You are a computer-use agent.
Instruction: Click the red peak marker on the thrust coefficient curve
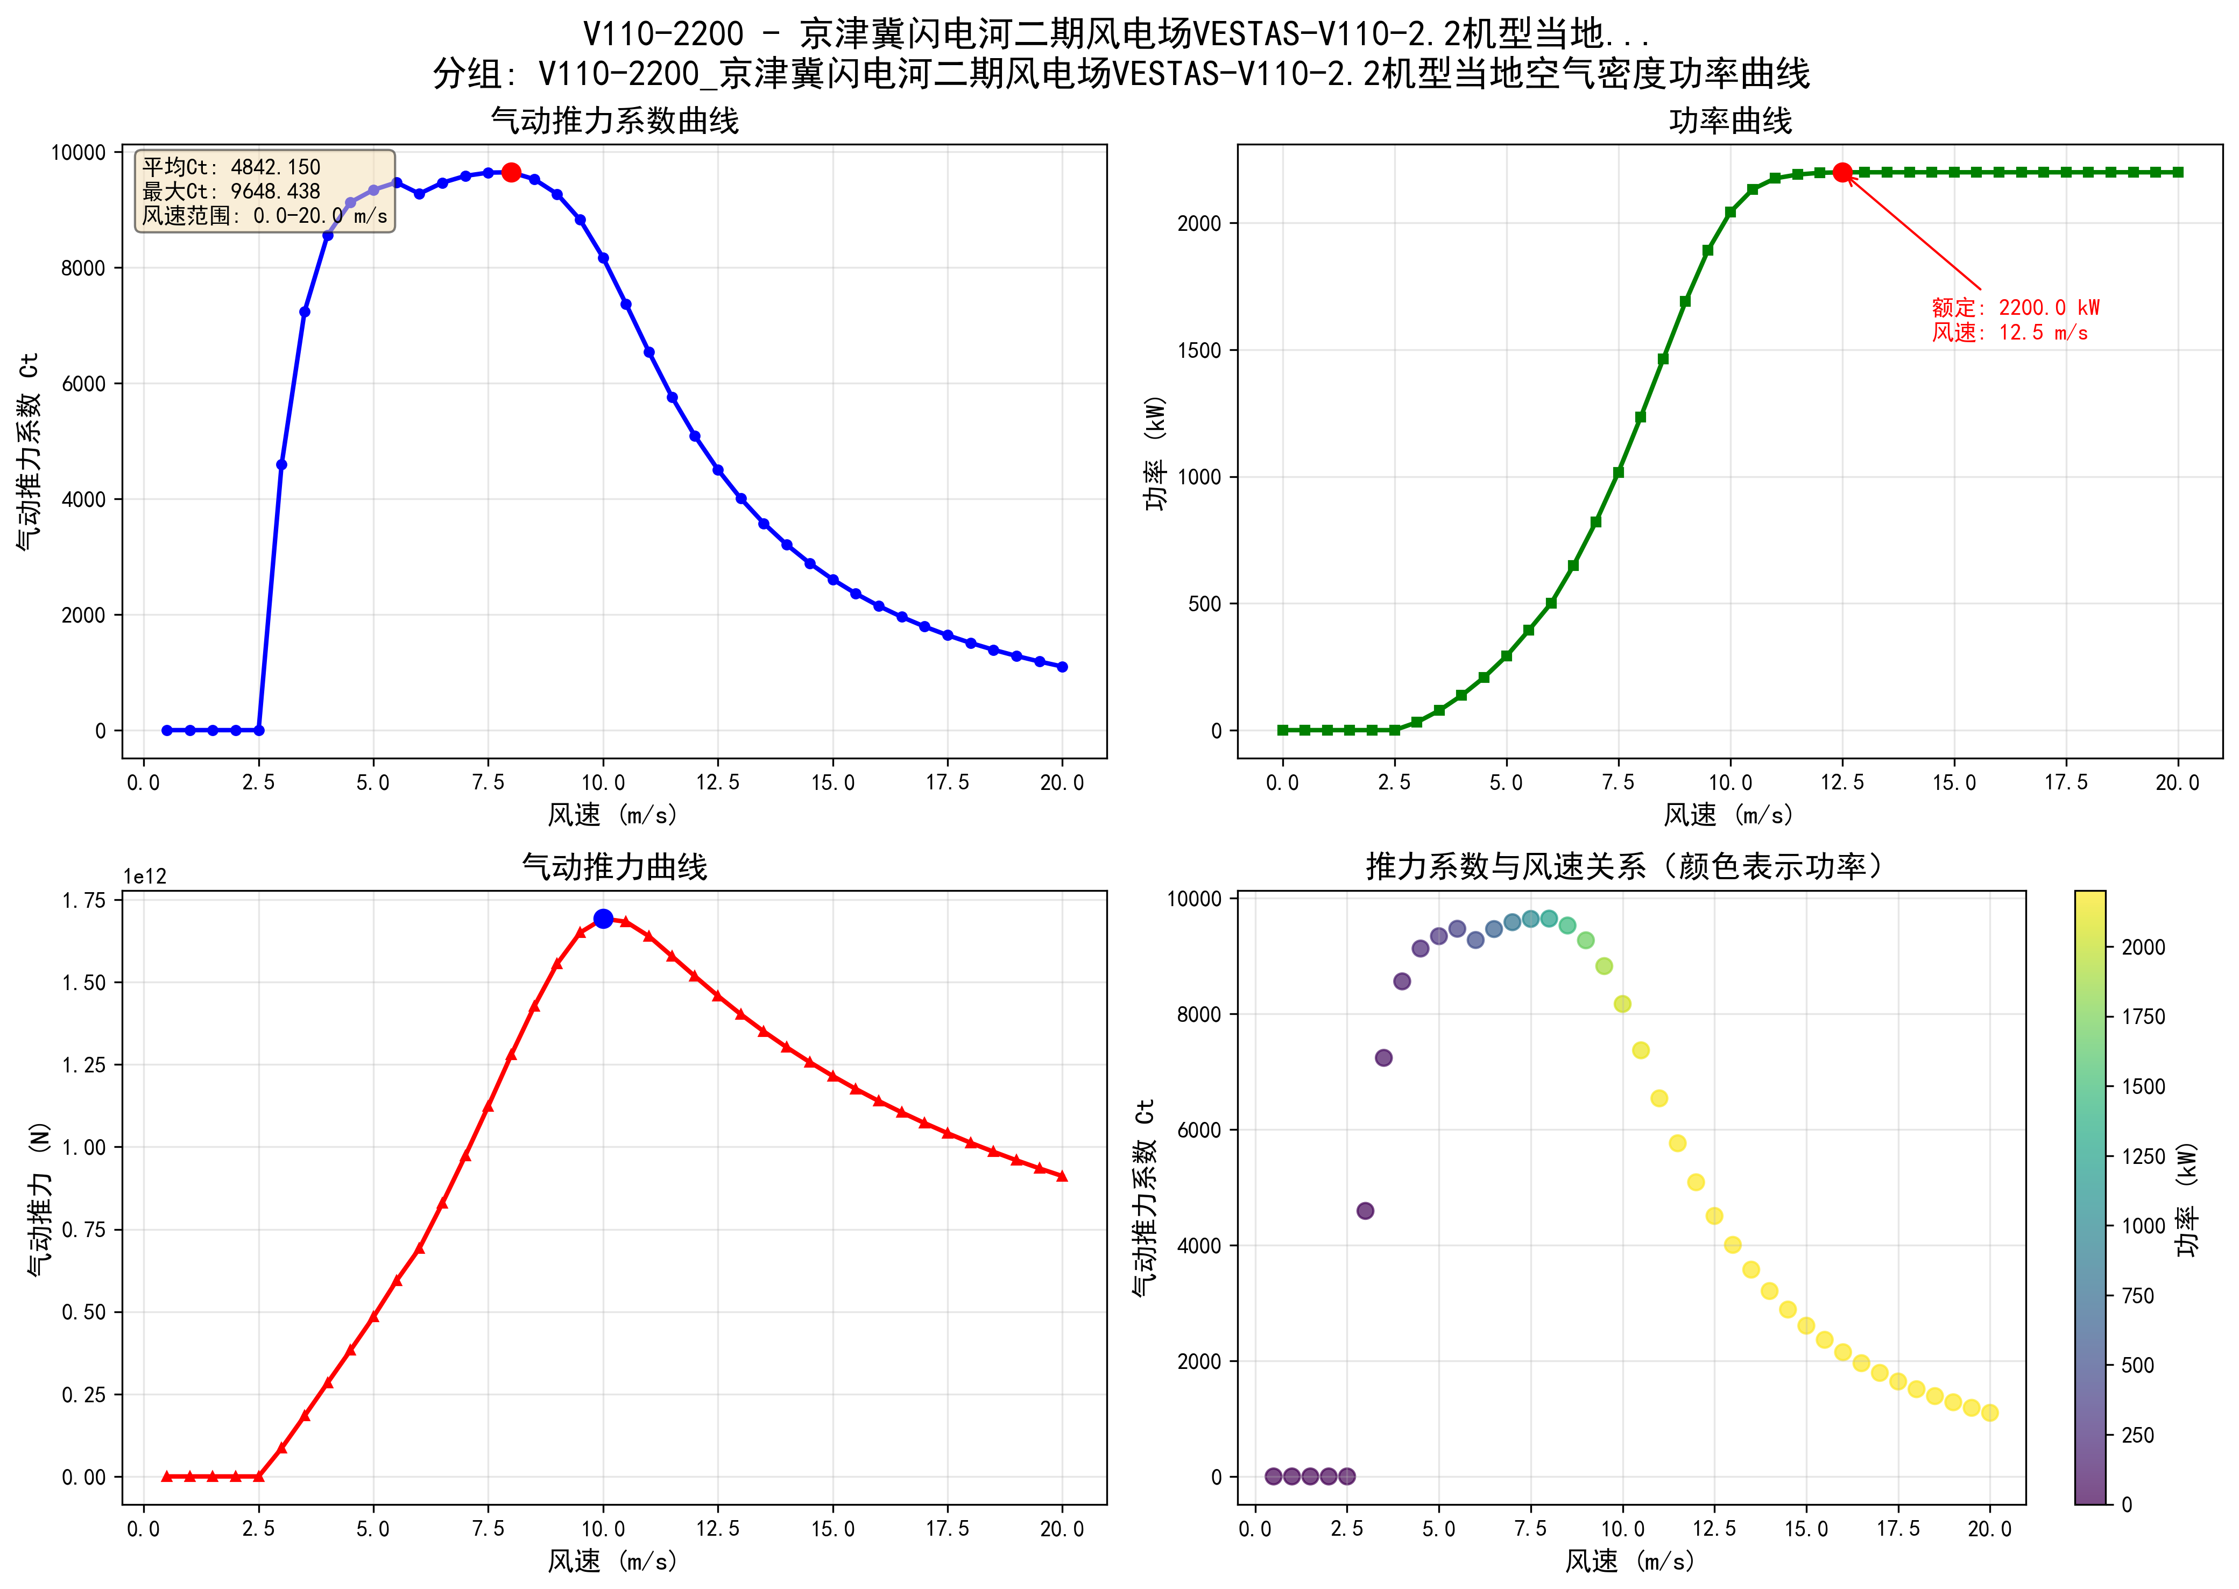tap(511, 172)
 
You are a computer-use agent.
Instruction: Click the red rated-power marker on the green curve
tap(1842, 172)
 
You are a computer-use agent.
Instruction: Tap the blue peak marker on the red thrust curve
tap(604, 918)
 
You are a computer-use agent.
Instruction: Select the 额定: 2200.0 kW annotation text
tap(2015, 307)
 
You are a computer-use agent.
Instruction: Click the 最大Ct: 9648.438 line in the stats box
tap(232, 191)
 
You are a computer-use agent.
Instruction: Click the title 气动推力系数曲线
tap(615, 121)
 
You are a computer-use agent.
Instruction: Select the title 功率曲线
tap(1729, 121)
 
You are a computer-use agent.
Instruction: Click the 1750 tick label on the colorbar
tap(2142, 1016)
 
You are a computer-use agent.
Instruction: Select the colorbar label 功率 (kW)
tap(2187, 1198)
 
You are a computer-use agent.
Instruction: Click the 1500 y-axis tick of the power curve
tap(1199, 350)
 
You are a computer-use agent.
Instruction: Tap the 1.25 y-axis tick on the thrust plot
tap(84, 1064)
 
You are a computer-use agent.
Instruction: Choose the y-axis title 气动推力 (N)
tap(39, 1198)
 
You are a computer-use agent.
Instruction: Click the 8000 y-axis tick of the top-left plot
tap(83, 268)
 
